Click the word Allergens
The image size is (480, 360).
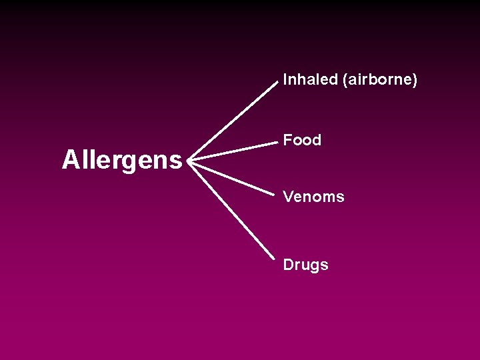click(x=122, y=160)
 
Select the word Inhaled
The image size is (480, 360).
click(x=311, y=80)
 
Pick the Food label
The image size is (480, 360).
click(x=302, y=140)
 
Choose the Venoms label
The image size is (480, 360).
click(x=313, y=197)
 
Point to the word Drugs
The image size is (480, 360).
click(x=305, y=265)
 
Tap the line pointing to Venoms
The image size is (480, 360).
click(x=233, y=177)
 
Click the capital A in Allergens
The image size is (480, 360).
click(x=69, y=160)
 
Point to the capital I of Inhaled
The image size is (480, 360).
click(x=285, y=80)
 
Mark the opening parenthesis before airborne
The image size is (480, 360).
click(x=345, y=81)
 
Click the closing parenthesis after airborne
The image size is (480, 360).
click(x=415, y=81)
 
